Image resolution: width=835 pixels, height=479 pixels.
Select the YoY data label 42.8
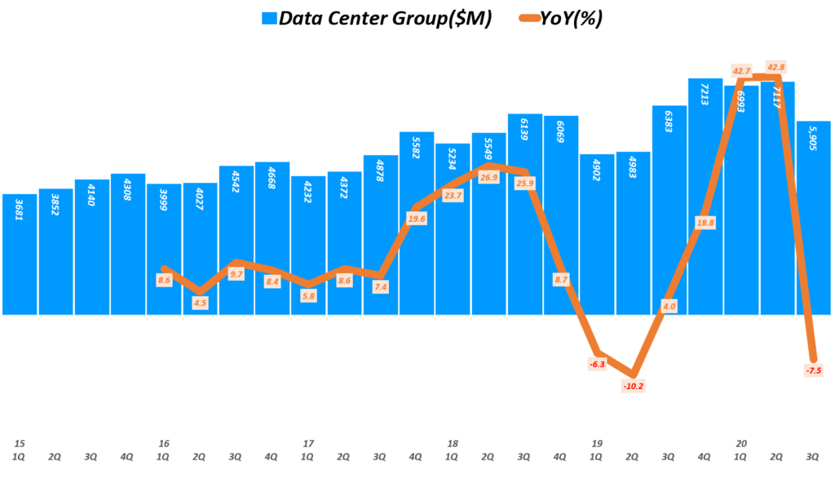pos(775,67)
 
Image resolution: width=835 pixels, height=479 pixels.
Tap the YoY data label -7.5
pos(813,370)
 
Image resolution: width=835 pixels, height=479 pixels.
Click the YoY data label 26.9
pos(488,177)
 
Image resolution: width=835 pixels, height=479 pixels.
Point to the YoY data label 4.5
pos(200,302)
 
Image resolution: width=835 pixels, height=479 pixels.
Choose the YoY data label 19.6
pos(416,218)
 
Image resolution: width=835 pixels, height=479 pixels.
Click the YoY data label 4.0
pos(668,306)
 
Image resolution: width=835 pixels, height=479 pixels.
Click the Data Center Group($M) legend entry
pos(384,19)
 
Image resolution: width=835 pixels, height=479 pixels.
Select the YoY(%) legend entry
pos(570,19)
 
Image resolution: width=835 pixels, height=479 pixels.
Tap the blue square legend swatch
pos(269,19)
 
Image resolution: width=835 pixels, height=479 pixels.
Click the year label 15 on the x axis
pos(19,443)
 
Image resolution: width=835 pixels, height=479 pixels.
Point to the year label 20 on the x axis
pos(741,443)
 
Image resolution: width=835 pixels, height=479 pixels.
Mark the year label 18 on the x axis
pos(453,443)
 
